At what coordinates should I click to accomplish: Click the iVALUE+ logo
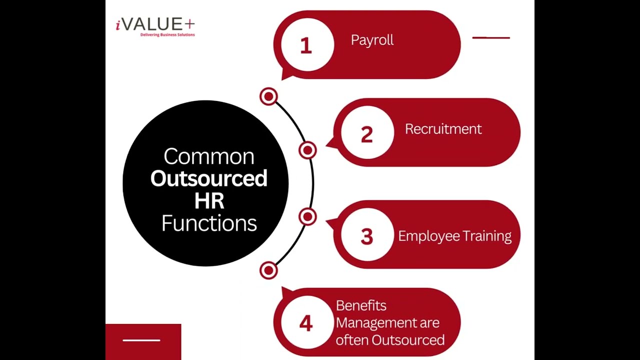155,26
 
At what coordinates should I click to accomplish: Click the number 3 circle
366,236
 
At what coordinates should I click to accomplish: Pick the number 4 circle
306,323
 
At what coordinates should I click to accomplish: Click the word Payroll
372,40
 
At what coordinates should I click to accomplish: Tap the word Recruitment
443,129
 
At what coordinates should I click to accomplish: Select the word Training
487,236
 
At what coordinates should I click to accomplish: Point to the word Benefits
361,305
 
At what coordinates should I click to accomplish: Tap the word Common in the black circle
209,156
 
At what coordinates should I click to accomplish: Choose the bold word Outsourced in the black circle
209,178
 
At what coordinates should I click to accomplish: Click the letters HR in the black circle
209,201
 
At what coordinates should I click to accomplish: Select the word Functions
209,223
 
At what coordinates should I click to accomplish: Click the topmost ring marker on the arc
269,96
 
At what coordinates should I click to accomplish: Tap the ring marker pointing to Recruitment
307,150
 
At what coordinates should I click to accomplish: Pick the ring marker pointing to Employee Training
307,217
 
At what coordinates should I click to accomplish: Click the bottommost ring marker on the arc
269,270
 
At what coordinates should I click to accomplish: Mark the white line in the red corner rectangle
141,340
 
